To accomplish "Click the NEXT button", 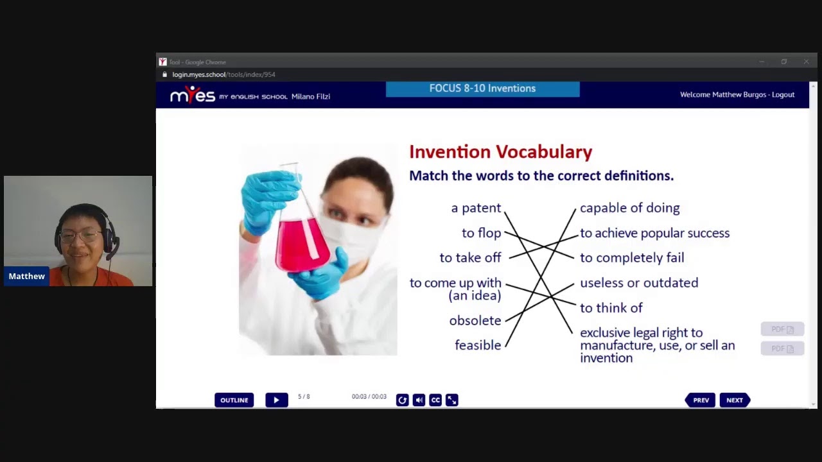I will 735,400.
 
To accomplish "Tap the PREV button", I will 700,400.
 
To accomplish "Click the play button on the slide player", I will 276,400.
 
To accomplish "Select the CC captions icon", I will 435,400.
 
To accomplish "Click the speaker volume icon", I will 419,400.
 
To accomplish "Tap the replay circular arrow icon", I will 402,400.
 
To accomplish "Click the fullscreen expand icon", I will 452,400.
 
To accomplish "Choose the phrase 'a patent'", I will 476,208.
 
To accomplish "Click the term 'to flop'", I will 481,233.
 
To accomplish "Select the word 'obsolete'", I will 475,320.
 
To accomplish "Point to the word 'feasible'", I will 478,345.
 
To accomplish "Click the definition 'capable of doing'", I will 629,208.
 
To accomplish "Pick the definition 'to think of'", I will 611,308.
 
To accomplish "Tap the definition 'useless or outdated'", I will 638,283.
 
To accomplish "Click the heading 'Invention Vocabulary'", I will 500,152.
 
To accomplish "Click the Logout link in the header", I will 783,95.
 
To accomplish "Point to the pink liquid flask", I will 301,243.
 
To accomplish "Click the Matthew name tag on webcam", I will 27,277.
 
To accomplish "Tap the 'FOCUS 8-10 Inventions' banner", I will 482,89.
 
